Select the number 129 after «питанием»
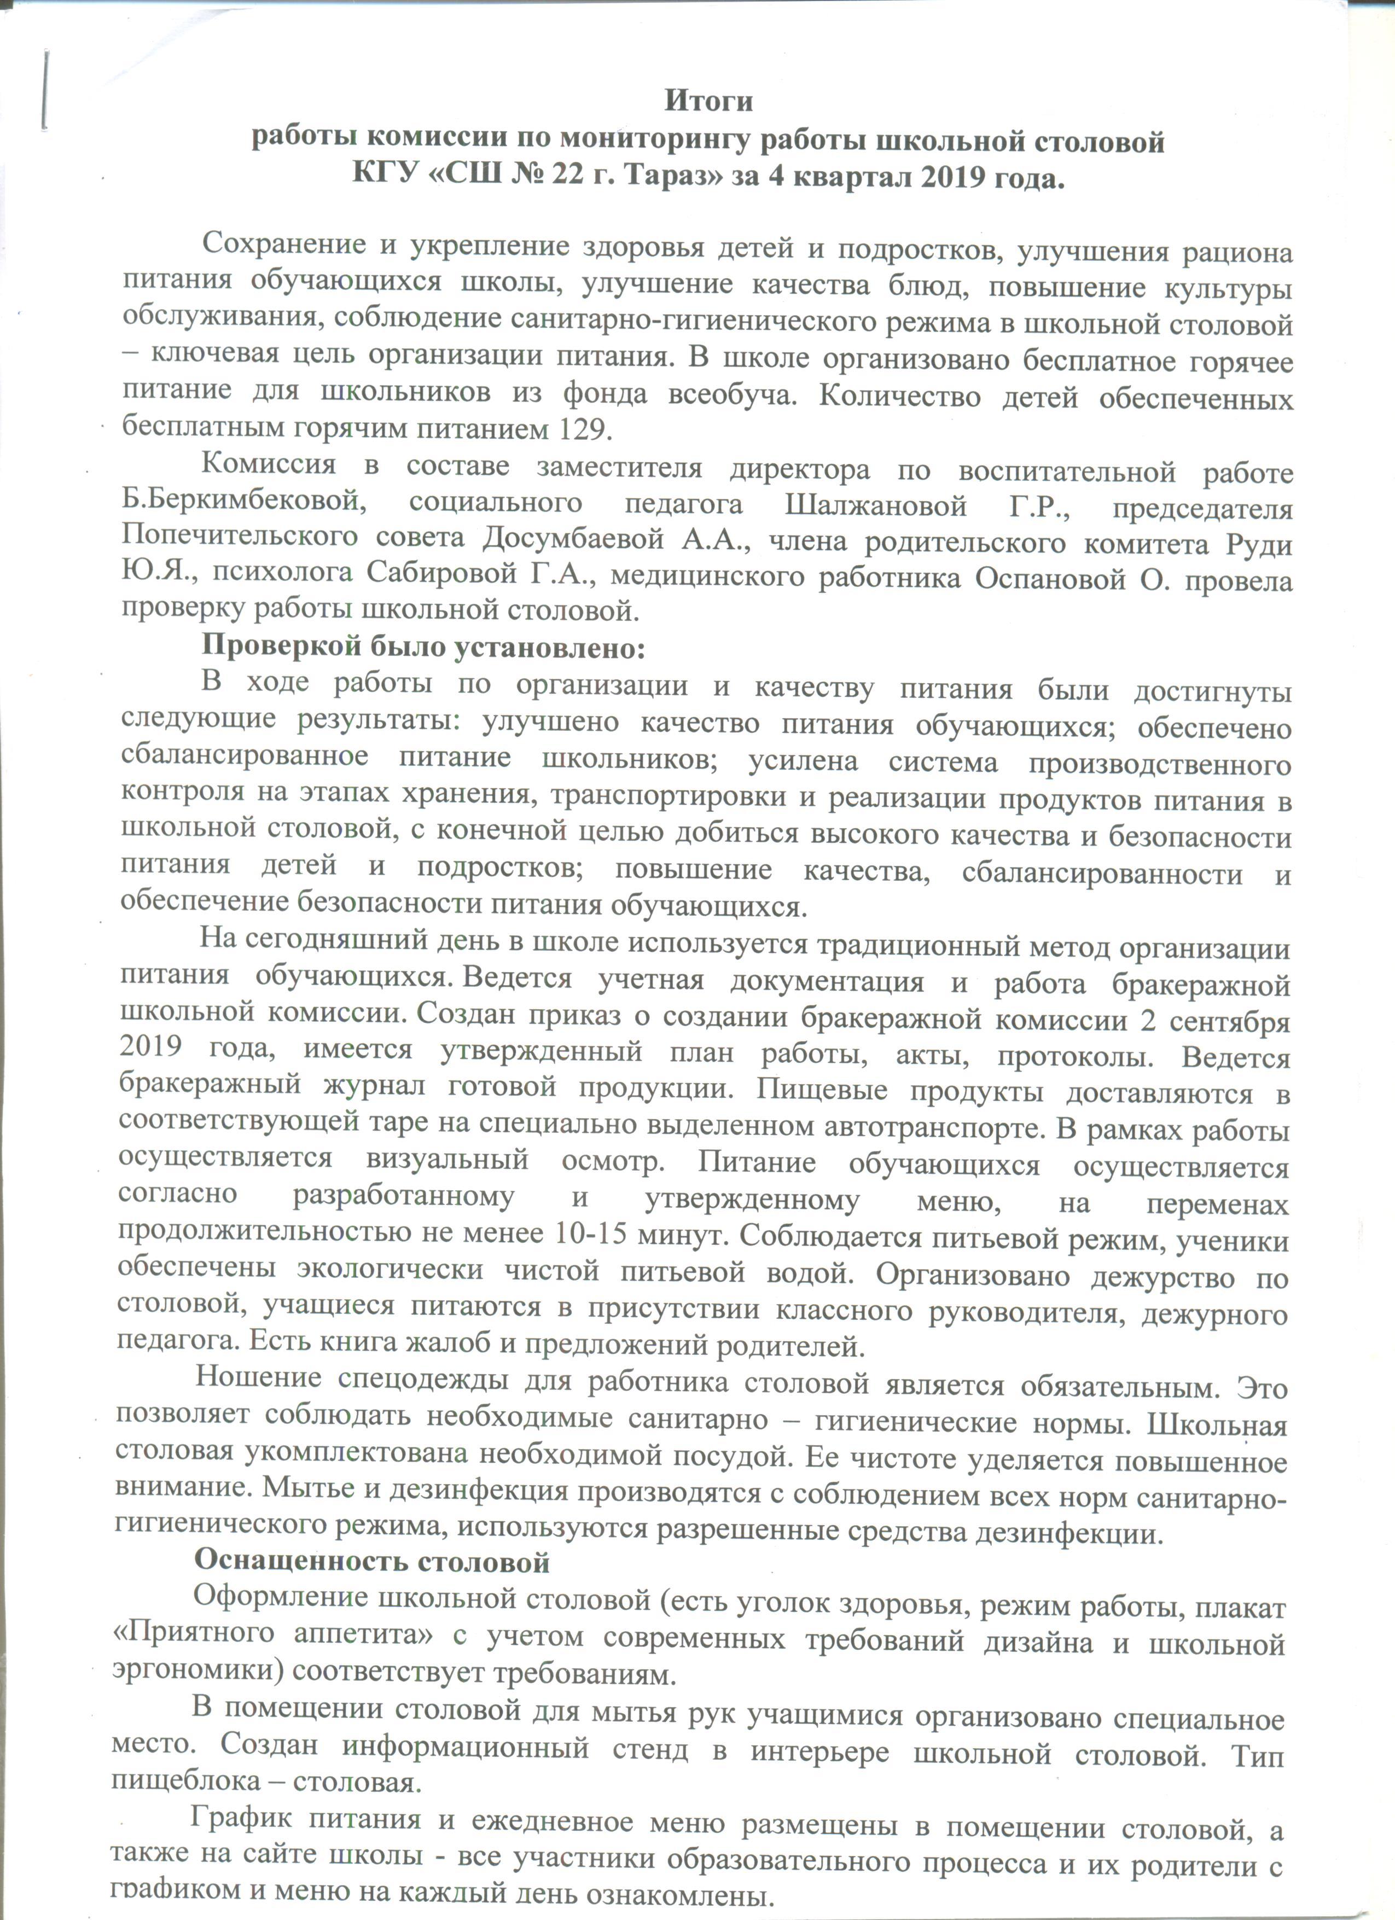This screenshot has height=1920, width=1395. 583,429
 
